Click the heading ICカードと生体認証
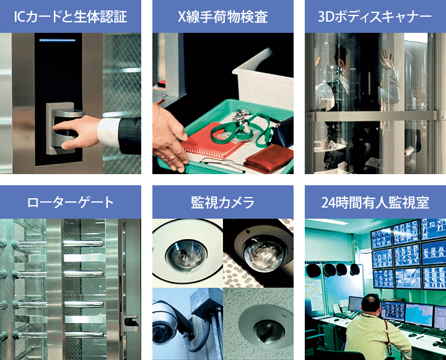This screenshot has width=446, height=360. coord(70,17)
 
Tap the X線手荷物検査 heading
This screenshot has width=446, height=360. coord(223,17)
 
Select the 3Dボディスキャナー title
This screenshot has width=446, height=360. coord(375,17)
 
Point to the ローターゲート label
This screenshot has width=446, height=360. coord(70,203)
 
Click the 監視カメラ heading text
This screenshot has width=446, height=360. coord(223,203)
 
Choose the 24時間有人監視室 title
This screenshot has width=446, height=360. coord(375,203)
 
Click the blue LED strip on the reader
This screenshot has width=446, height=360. coord(58,40)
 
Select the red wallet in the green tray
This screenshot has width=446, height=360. coord(269,158)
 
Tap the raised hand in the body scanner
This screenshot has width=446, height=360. coord(387,59)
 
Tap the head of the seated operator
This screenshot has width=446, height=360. coord(370,304)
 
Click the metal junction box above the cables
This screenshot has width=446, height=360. coord(206,301)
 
